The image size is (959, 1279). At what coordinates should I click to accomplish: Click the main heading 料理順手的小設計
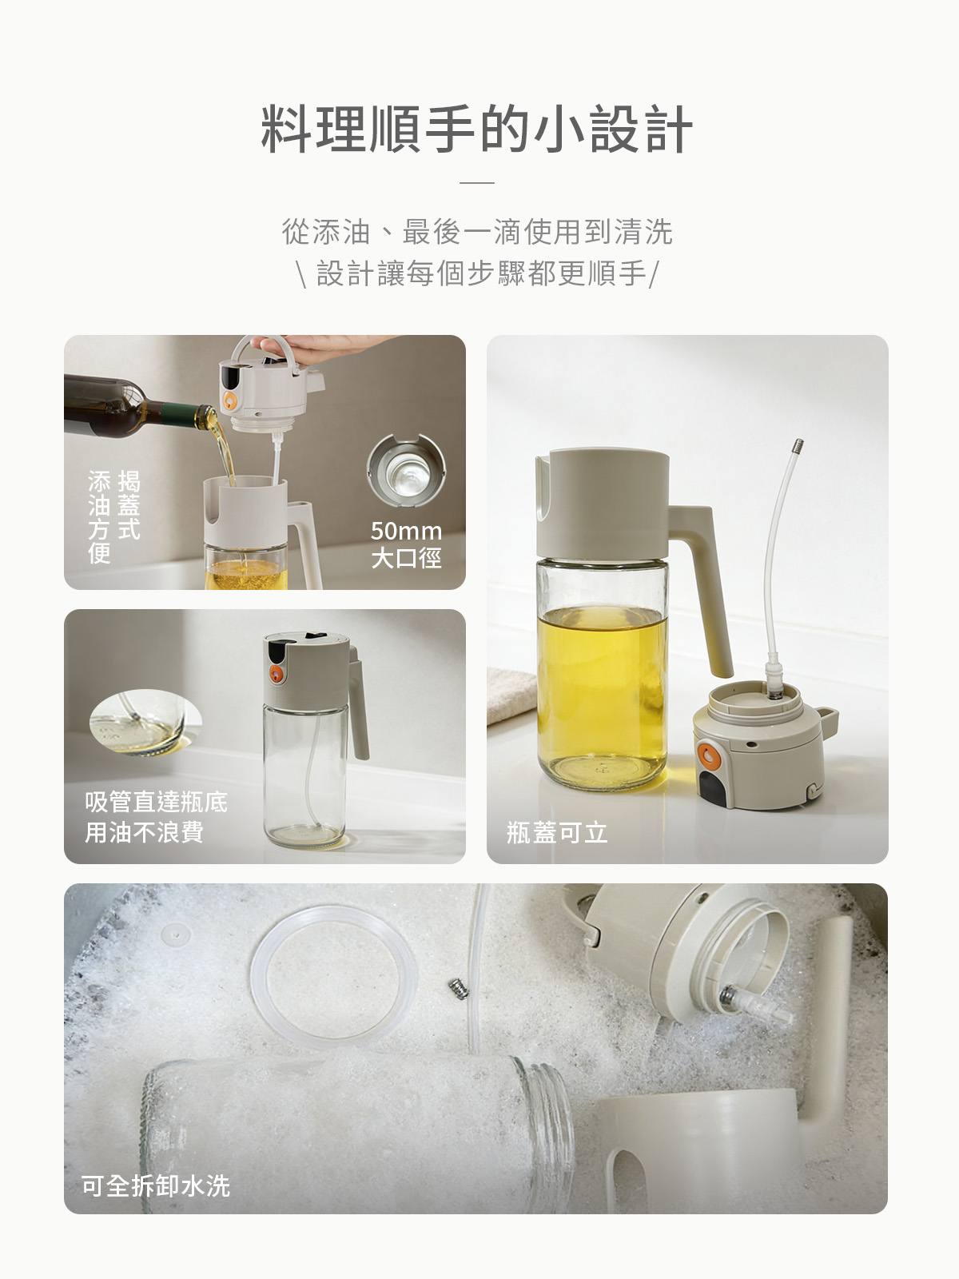click(x=477, y=129)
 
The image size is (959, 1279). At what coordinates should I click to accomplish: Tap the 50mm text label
click(x=406, y=531)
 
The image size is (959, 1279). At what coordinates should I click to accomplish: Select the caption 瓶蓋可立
click(x=557, y=833)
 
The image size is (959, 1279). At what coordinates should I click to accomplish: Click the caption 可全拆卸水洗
click(x=156, y=1185)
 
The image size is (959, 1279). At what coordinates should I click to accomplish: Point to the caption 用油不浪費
click(x=145, y=832)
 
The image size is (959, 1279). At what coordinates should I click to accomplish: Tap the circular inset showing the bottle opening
click(x=406, y=471)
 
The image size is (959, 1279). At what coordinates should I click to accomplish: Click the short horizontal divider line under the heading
click(x=477, y=182)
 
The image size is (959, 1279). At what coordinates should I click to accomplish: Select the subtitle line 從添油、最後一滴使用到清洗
click(x=477, y=232)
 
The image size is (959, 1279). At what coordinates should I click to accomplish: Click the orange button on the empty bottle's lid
click(x=277, y=673)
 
